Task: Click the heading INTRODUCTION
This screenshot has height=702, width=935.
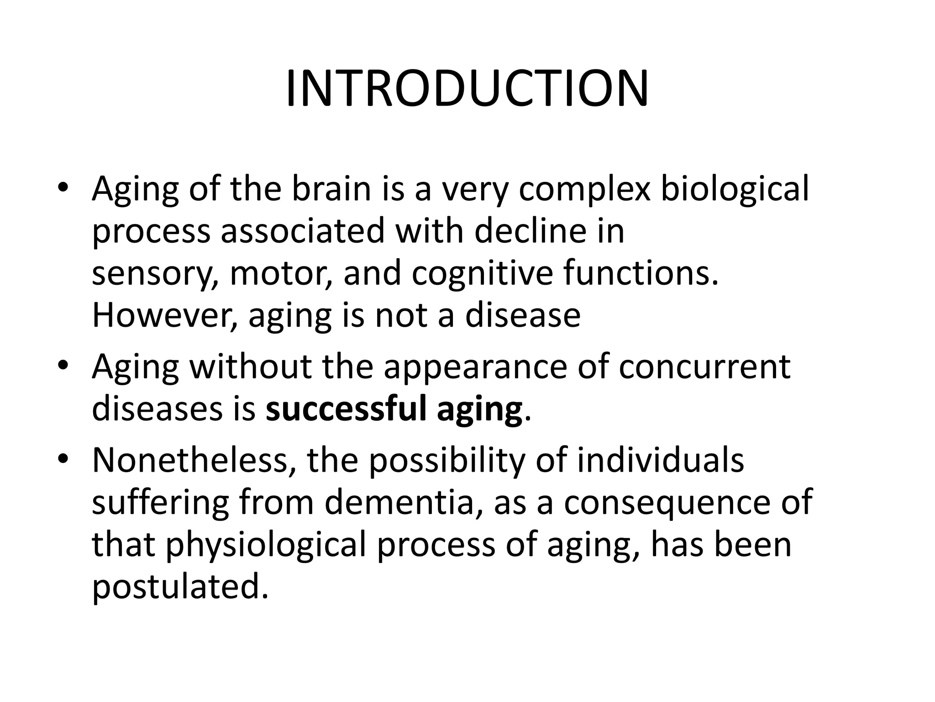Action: coord(467,89)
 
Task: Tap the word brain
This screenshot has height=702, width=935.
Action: coord(331,189)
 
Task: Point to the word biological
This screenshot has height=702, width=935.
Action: coord(735,190)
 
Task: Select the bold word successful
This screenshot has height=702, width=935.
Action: coord(346,409)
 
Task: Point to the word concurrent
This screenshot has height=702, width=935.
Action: coord(704,367)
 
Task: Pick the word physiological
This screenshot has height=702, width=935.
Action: coord(266,545)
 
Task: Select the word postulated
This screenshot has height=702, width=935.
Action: coord(180,587)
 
